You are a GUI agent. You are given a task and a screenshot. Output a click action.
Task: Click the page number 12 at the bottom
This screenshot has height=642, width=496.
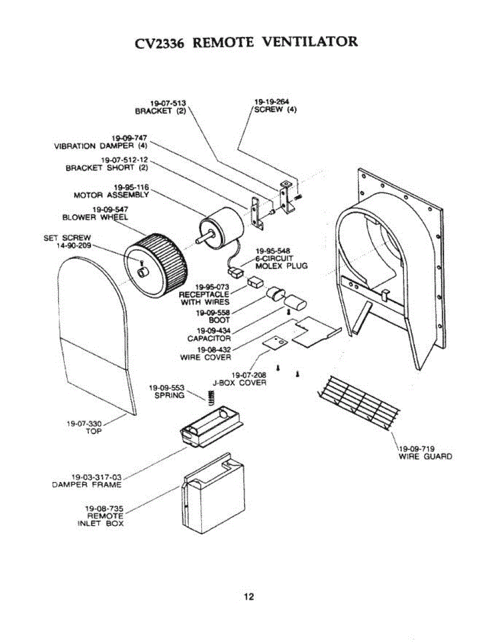(x=249, y=597)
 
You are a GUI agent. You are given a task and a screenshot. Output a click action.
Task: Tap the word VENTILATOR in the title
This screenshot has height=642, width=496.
(x=311, y=41)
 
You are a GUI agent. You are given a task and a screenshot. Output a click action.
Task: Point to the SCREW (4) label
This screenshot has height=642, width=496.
(x=275, y=110)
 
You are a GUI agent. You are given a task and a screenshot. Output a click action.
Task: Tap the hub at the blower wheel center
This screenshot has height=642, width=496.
(x=143, y=273)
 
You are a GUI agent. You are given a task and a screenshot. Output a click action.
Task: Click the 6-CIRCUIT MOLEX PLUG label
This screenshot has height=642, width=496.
(x=281, y=262)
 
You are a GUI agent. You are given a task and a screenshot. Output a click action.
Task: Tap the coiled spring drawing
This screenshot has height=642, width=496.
(x=211, y=397)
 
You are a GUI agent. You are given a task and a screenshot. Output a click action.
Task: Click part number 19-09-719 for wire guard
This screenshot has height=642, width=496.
(x=416, y=448)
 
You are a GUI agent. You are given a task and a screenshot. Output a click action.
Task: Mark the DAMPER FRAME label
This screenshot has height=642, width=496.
(x=87, y=485)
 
